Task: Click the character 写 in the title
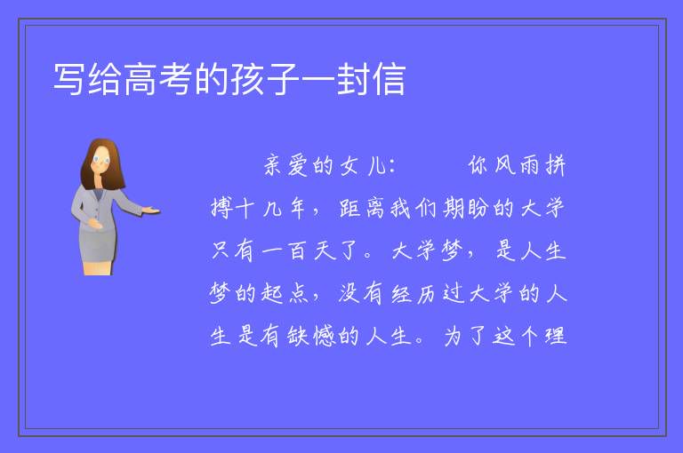68,79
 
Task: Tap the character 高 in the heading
139,79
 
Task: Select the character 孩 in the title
246,79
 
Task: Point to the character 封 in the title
353,79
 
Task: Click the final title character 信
389,79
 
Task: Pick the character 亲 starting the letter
273,165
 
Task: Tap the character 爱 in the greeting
298,165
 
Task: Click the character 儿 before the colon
375,165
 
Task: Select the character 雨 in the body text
529,165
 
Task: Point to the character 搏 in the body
221,208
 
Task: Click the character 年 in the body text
298,208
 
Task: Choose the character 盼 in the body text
478,208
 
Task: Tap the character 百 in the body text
298,250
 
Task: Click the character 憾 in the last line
324,336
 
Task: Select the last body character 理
556,336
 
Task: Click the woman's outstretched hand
151,211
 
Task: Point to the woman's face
101,160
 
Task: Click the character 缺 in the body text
298,336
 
